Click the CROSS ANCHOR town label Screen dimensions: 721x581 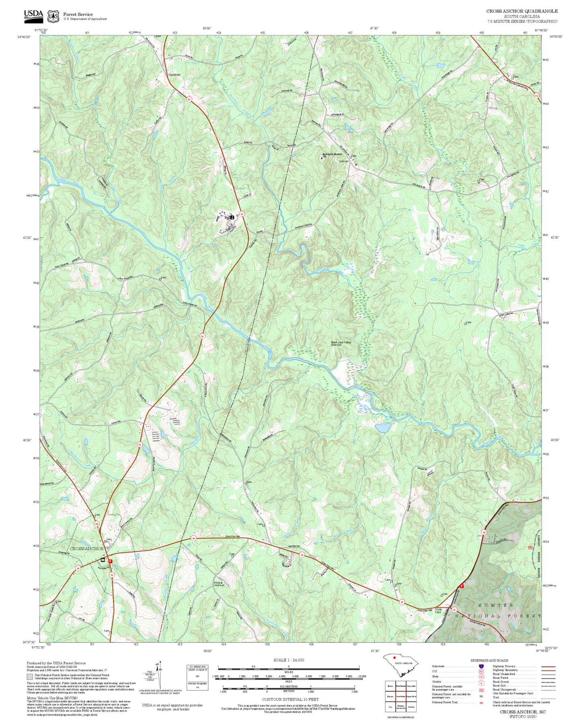point(87,548)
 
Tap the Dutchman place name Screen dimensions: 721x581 point(174,75)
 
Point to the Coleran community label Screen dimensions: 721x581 point(344,161)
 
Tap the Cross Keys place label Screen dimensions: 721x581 point(438,610)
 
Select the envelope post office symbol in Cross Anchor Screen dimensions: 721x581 point(103,559)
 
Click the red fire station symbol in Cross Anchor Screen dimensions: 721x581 point(110,561)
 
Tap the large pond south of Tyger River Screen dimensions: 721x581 point(382,428)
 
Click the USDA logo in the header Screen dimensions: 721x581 point(33,15)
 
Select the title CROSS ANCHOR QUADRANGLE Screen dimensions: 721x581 point(522,11)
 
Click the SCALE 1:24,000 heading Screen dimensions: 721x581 point(288,660)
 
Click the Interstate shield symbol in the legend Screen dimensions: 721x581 point(481,666)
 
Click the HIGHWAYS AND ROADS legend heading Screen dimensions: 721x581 point(489,660)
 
